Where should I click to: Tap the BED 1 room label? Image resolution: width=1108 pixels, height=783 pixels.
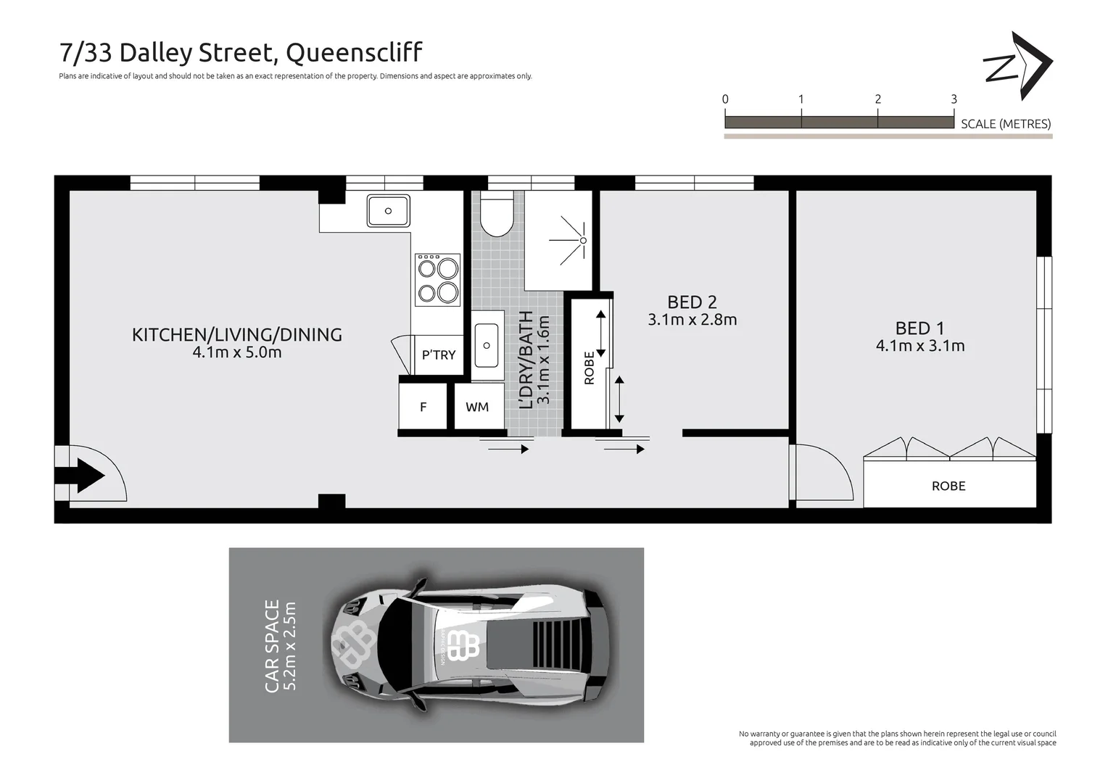919,328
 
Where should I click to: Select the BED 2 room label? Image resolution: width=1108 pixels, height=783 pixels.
692,302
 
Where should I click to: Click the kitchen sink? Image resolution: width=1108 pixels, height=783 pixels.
388,211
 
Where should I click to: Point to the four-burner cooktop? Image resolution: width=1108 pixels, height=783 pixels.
437,280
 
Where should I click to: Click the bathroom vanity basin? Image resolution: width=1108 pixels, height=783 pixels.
487,346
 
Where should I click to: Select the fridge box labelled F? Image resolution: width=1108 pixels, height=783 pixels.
423,407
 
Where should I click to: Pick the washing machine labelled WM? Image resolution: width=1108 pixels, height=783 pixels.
477,407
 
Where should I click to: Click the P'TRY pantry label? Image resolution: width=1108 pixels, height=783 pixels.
439,355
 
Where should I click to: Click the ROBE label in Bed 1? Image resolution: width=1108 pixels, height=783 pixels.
948,486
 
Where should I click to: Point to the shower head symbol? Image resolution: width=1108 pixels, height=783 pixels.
582,240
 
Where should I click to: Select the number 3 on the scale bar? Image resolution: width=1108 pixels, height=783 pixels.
954,99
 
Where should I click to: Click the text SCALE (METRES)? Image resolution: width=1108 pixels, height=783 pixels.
1006,124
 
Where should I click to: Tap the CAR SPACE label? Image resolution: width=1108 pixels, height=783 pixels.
272,645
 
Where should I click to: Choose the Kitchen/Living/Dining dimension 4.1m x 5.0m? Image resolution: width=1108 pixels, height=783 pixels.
236,352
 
